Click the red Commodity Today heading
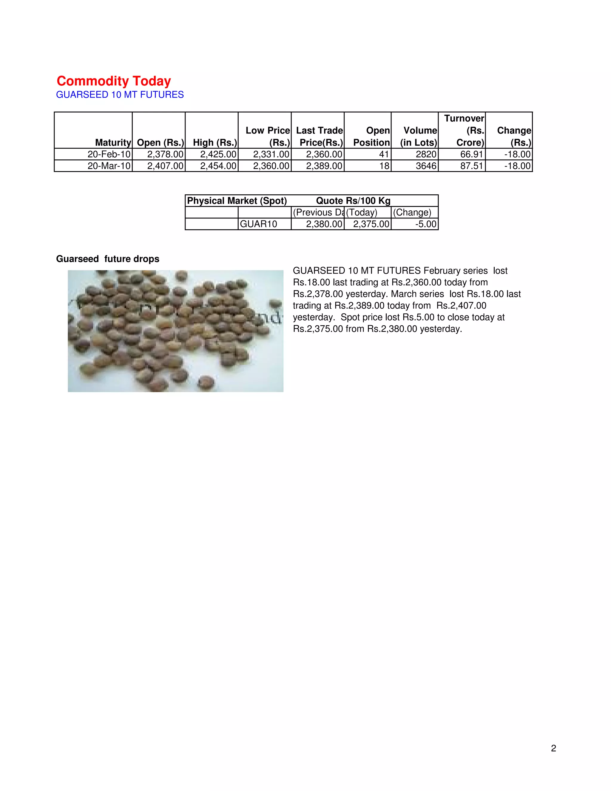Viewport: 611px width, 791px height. tap(114, 81)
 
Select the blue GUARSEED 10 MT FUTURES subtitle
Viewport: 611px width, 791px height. tap(120, 95)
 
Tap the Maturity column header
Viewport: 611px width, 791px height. tap(112, 142)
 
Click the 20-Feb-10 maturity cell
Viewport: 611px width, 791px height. tap(109, 154)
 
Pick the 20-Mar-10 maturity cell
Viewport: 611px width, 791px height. tap(109, 166)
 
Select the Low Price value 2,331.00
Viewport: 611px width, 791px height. tap(271, 154)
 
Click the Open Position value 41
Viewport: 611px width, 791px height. tap(384, 154)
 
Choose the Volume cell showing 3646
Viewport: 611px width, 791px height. tap(426, 166)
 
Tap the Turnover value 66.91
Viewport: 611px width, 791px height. tap(472, 154)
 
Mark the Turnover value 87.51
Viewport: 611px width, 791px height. tap(472, 166)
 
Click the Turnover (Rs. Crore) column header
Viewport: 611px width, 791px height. tap(465, 130)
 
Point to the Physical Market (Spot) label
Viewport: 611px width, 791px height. tap(237, 201)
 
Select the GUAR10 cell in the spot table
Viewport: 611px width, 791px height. tap(258, 224)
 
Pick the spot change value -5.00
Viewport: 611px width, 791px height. tap(426, 224)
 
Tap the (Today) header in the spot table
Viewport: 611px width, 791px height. tap(362, 213)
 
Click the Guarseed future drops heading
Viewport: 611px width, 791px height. tap(107, 259)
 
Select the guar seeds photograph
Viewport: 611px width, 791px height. tap(175, 331)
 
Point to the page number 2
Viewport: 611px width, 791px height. tap(553, 748)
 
